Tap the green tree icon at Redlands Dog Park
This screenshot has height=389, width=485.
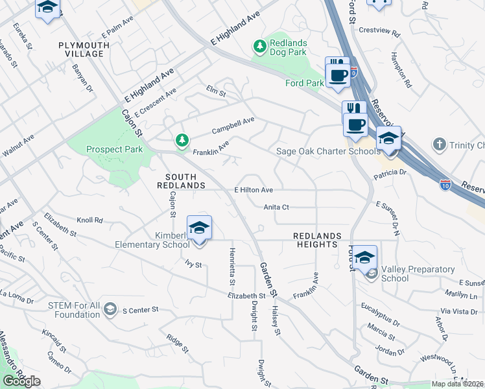[260, 46]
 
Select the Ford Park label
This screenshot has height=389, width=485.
[304, 83]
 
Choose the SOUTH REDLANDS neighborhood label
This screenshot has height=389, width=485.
[185, 181]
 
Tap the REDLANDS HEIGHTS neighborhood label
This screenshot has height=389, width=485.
[316, 240]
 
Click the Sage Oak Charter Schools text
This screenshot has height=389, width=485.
[327, 152]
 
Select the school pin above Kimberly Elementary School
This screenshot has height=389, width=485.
[200, 229]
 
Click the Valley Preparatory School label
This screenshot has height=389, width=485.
[395, 274]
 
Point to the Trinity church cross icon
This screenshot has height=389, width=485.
[439, 144]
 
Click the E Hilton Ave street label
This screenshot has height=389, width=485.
[254, 190]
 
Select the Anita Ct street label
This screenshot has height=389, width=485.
[276, 207]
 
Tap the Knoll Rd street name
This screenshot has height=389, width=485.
[89, 220]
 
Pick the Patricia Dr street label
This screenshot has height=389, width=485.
[389, 172]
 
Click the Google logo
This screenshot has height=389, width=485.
[21, 381]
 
